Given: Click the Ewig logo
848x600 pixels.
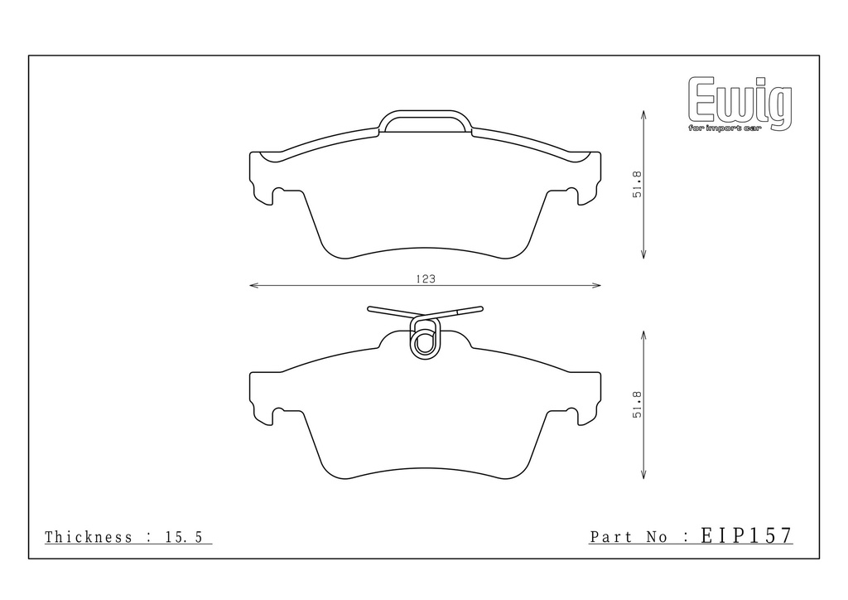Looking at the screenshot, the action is [740, 104].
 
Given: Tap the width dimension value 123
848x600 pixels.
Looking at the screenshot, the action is [426, 279].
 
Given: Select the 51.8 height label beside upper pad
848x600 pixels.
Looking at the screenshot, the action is [638, 185].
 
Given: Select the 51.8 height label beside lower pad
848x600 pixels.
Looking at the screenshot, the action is [638, 404].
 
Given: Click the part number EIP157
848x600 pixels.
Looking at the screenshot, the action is [746, 535].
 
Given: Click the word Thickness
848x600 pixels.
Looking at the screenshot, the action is [89, 537].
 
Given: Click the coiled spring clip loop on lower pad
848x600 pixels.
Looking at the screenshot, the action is [426, 338].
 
